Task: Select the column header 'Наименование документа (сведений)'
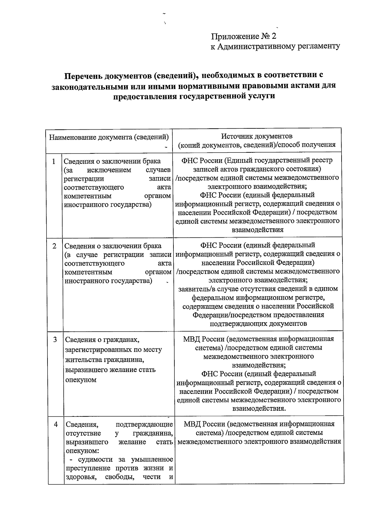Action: pyautogui.click(x=109, y=137)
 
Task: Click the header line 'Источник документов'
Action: pyautogui.click(x=257, y=136)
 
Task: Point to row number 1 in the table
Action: pyautogui.click(x=54, y=161)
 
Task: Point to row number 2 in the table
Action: pyautogui.click(x=54, y=246)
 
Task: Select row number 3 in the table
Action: pyautogui.click(x=55, y=340)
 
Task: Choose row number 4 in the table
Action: pyautogui.click(x=56, y=424)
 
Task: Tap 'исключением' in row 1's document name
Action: pyautogui.click(x=109, y=170)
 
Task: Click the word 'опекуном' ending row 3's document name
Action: pyautogui.click(x=81, y=380)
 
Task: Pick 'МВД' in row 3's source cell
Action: pyautogui.click(x=192, y=339)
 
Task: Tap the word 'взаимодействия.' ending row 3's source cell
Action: pyautogui.click(x=259, y=409)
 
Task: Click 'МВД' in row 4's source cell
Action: pyautogui.click(x=192, y=424)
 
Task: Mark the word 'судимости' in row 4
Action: pyautogui.click(x=93, y=459)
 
